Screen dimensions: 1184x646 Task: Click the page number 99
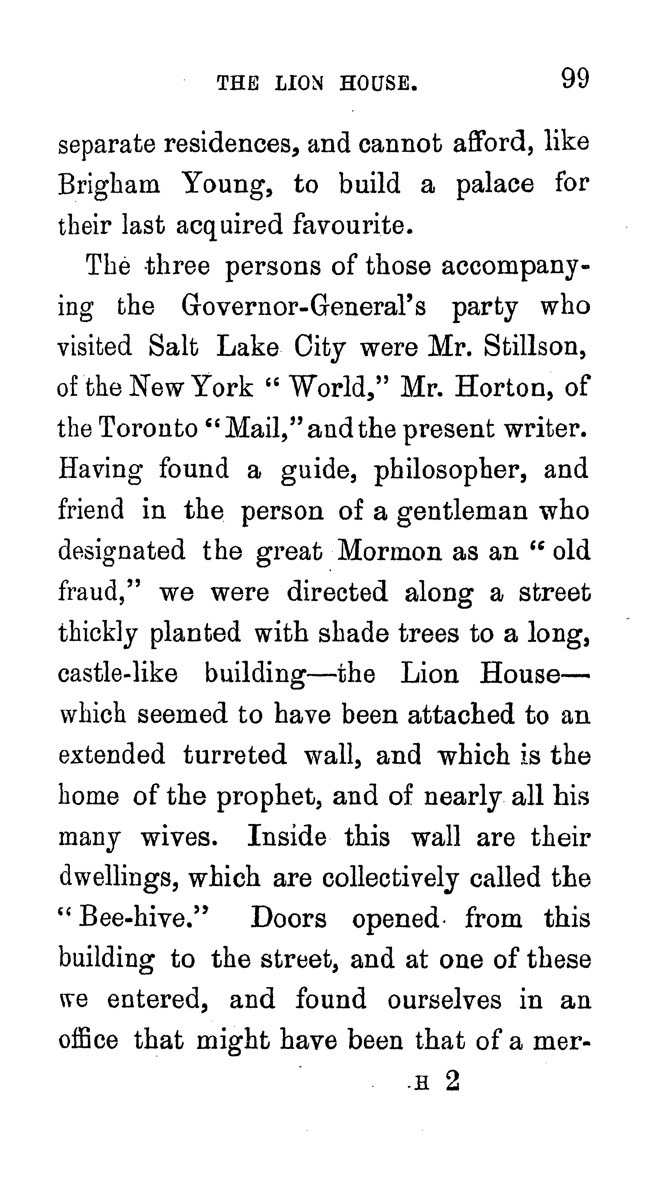pos(575,79)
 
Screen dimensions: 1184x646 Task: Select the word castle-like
pos(118,674)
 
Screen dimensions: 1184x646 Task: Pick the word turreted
pos(235,755)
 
